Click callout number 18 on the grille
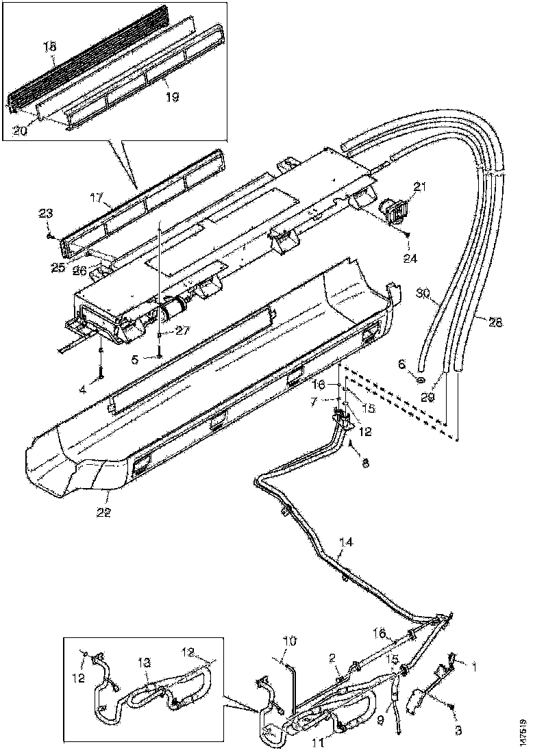(x=51, y=47)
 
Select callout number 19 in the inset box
(x=171, y=97)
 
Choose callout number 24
(x=410, y=259)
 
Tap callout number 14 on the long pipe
(x=347, y=544)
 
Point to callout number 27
(x=181, y=330)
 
